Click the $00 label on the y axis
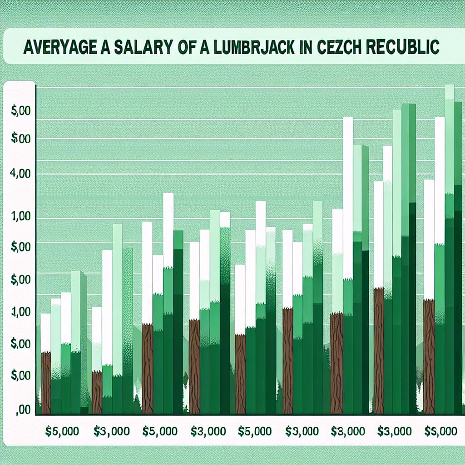point(18,139)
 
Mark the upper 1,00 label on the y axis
point(18,217)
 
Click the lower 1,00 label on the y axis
point(18,312)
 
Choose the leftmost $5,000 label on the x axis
point(62,431)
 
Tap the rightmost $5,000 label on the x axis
point(441,431)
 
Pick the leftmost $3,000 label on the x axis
point(111,431)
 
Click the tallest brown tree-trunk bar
point(378,350)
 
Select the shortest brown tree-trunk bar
point(97,392)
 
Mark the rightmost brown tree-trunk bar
point(429,356)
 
